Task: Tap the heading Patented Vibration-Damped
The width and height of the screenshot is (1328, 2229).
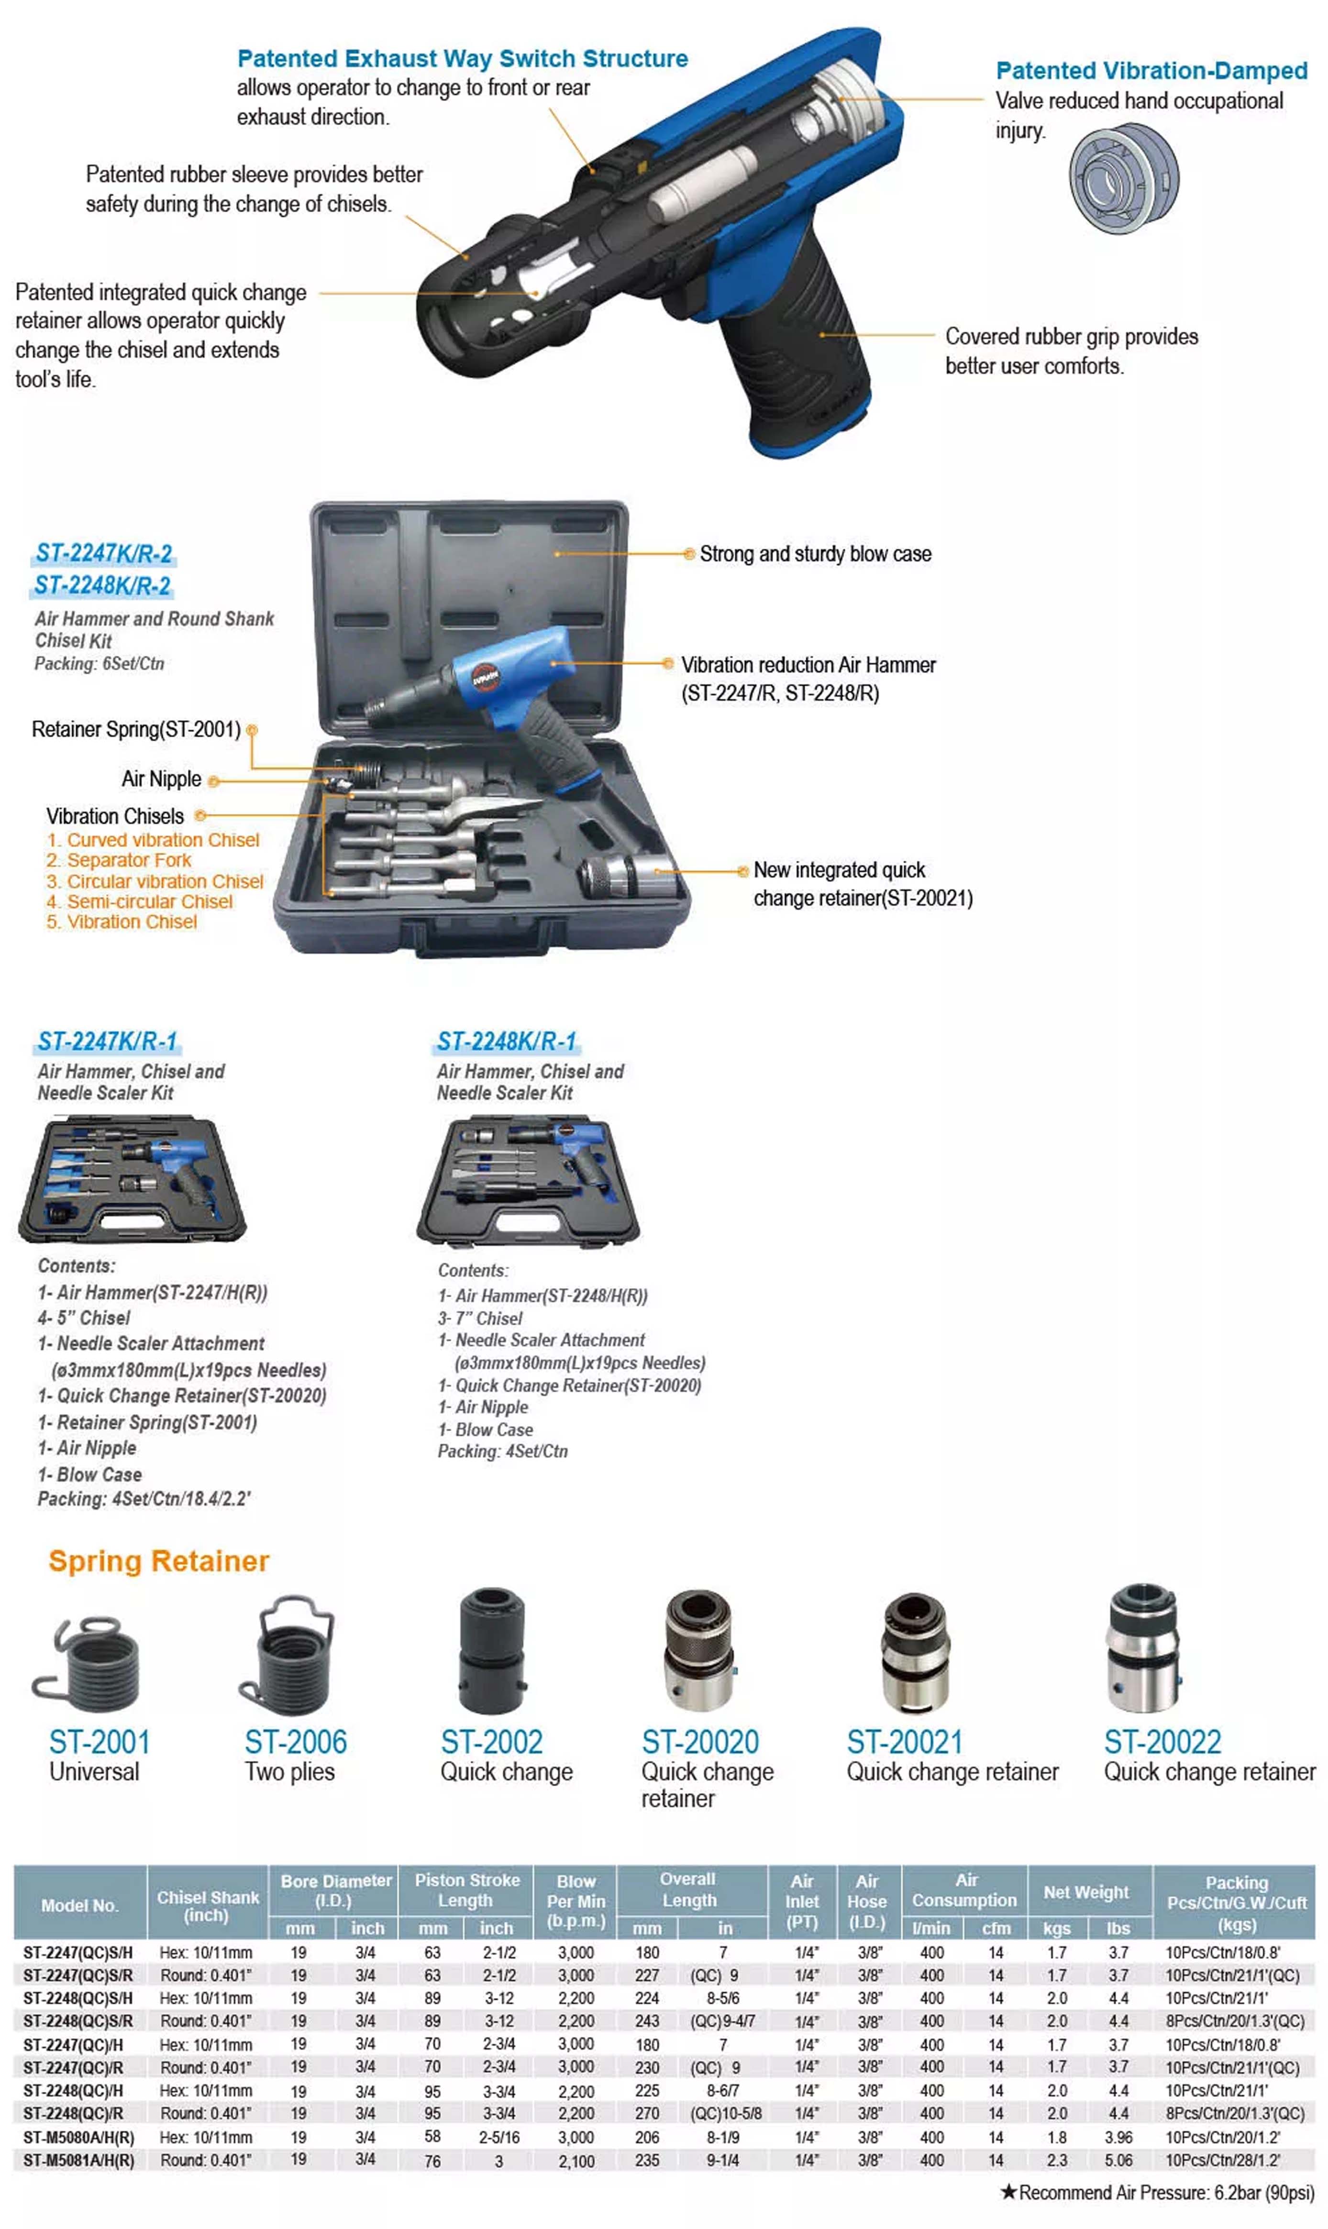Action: click(1151, 71)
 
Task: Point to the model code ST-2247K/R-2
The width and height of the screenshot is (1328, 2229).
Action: click(104, 554)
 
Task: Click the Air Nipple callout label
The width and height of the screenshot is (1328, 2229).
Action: click(161, 779)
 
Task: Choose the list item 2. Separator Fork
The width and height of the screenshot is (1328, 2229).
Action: click(119, 860)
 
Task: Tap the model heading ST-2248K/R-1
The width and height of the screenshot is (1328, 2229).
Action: click(507, 1042)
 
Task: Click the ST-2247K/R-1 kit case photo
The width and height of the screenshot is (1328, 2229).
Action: click(133, 1179)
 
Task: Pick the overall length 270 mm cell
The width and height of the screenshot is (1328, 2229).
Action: click(647, 2114)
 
